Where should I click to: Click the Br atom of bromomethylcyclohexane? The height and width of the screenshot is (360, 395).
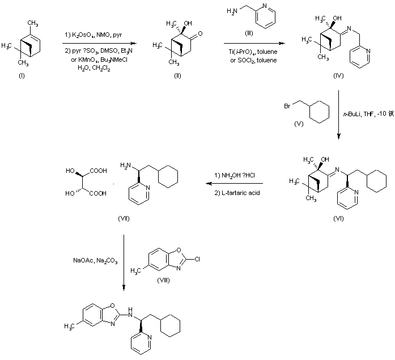(x=288, y=105)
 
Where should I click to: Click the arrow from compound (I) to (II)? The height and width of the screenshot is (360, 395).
(x=100, y=43)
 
